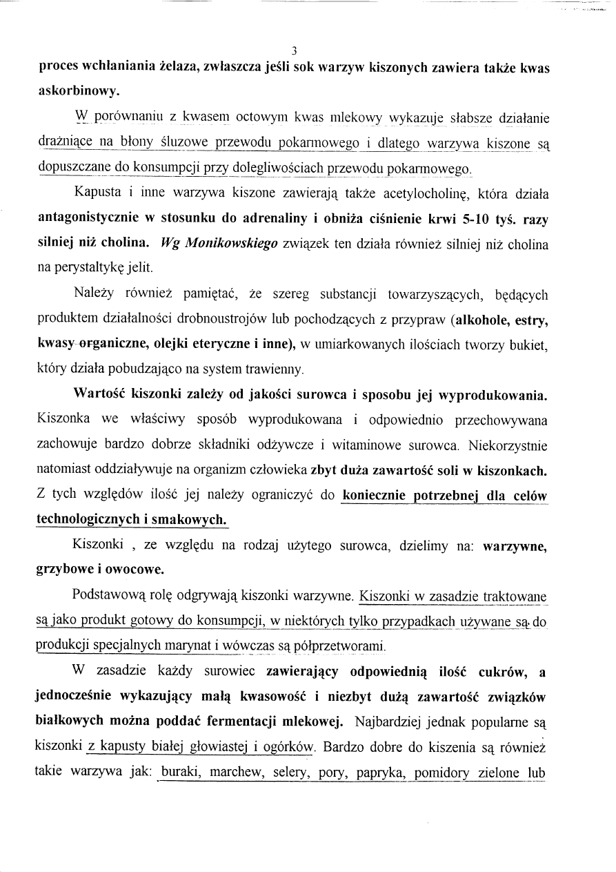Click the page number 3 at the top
[x=294, y=50]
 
